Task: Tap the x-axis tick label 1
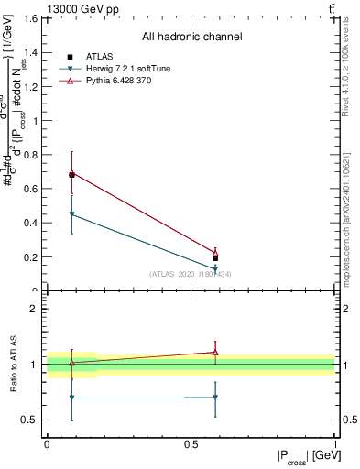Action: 334,443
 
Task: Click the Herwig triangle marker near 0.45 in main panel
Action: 71,214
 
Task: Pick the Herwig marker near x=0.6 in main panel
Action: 215,268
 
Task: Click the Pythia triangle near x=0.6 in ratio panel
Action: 215,352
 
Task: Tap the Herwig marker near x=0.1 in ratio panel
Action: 71,398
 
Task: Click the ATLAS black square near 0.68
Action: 71,174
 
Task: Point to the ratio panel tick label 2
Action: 32,309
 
